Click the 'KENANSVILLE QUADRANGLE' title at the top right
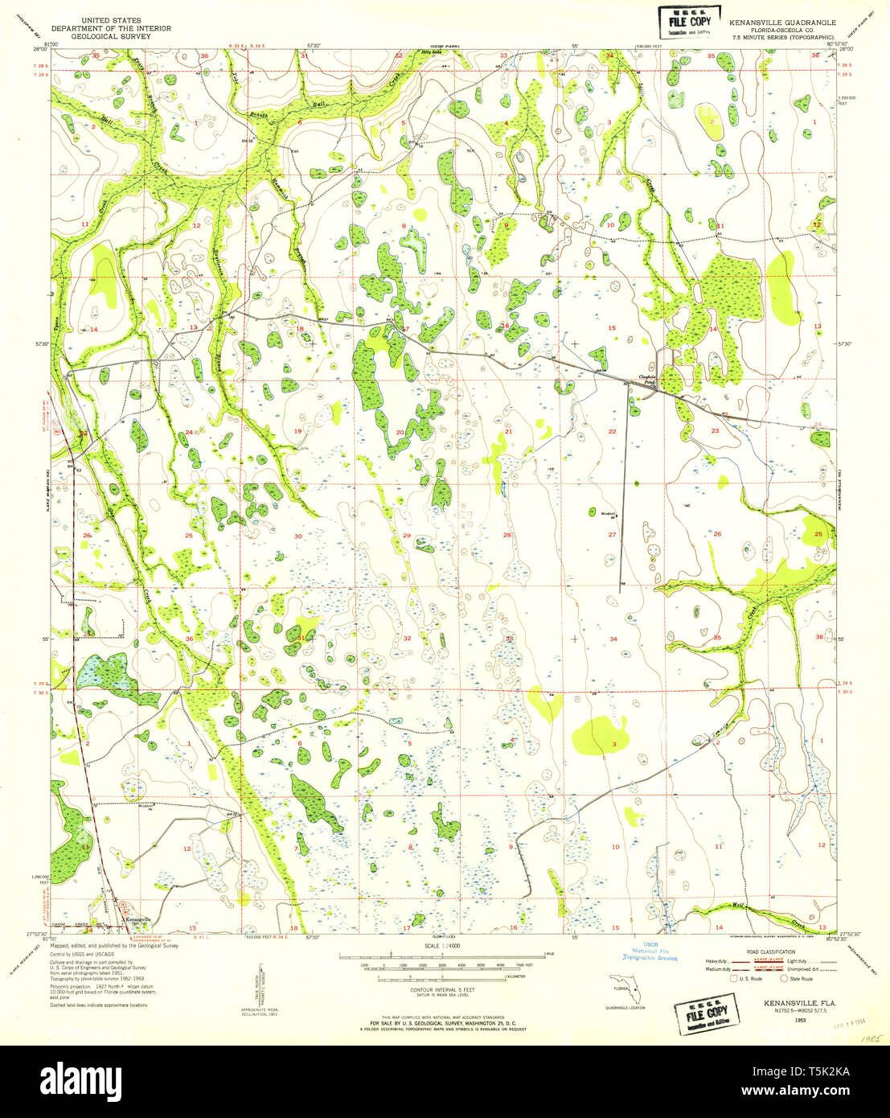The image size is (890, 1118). point(782,23)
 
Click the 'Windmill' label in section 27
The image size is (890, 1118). point(608,512)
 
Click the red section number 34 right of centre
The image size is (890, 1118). point(613,639)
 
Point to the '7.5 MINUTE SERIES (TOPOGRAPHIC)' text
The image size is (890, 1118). point(782,37)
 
